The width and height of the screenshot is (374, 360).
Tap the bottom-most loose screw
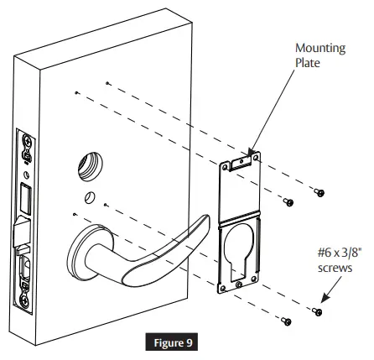(285, 321)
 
